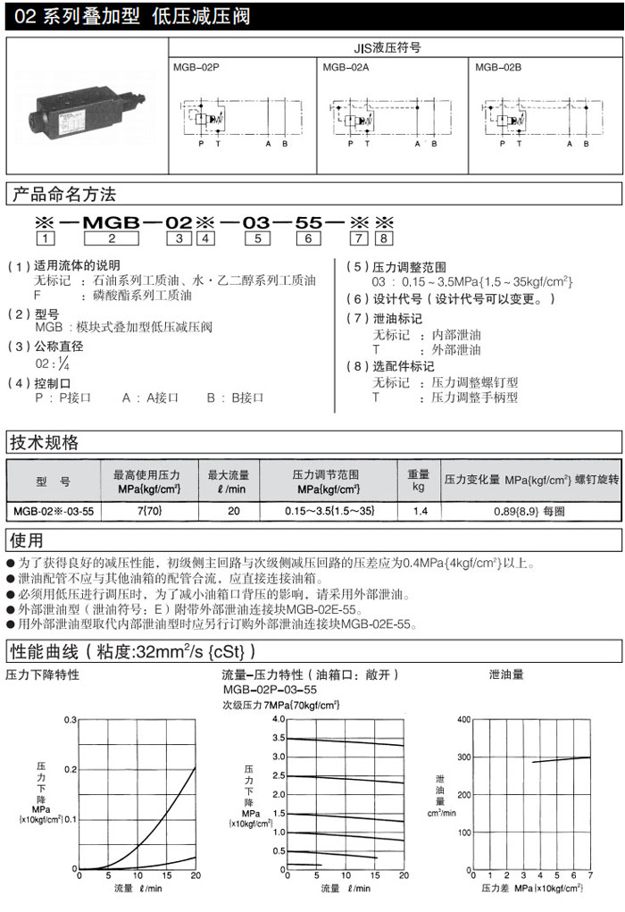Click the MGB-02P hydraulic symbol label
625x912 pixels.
pos(195,66)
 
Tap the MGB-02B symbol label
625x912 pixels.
pos(496,66)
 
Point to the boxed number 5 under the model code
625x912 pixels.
pos(257,238)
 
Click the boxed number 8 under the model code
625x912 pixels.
pos(384,238)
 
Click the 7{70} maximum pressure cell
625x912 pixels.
pos(148,511)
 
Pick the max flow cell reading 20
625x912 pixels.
pos(234,511)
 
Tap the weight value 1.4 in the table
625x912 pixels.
pos(419,511)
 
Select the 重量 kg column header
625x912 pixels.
pos(419,481)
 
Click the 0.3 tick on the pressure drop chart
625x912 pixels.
pos(71,719)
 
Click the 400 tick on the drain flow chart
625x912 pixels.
pos(462,719)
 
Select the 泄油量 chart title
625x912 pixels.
pos(508,675)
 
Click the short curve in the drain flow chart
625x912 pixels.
pos(561,759)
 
